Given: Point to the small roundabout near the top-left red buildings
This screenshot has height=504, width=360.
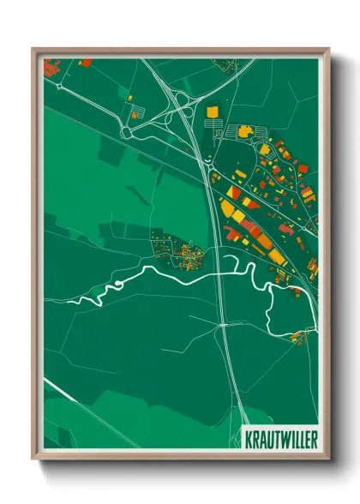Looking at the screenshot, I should (x=58, y=84).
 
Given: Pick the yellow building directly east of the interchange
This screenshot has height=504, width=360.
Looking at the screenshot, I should (x=212, y=111).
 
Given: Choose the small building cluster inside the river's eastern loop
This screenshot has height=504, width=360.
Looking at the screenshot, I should (x=298, y=336).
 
